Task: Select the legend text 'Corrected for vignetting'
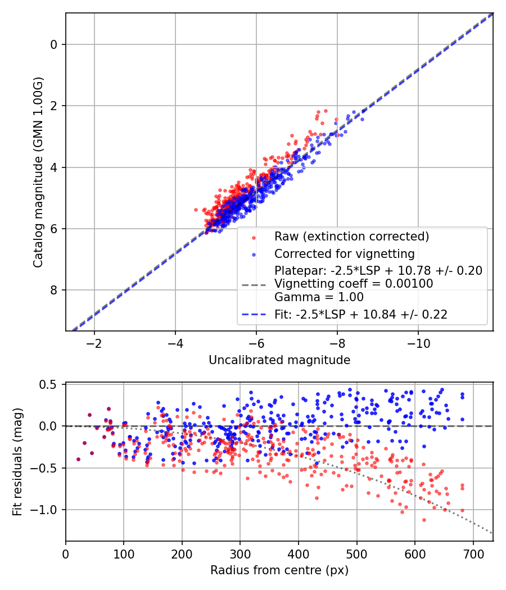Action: tap(344, 253)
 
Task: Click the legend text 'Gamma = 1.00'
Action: tap(319, 297)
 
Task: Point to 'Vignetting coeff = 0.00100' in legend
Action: tap(354, 284)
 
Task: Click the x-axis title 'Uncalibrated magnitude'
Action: tap(279, 360)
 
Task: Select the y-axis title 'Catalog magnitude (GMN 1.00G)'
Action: tap(38, 172)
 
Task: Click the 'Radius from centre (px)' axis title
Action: tap(279, 570)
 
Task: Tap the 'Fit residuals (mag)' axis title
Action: tap(17, 461)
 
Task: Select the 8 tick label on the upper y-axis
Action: tap(54, 290)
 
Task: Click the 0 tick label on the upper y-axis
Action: tap(54, 44)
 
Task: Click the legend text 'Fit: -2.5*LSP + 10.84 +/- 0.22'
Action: tap(361, 315)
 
